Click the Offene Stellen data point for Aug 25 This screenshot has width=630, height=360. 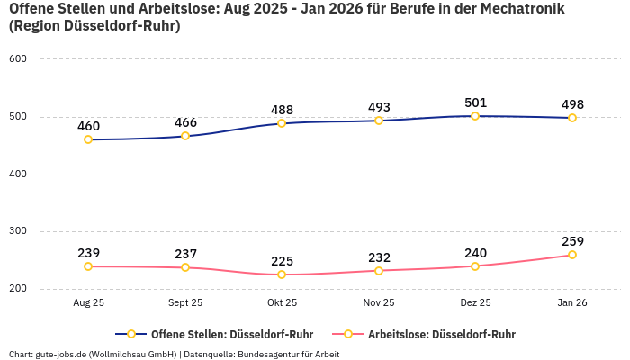88,139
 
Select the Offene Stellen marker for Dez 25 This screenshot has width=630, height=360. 475,116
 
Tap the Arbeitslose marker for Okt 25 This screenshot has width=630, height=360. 282,274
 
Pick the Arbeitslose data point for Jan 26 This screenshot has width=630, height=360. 572,255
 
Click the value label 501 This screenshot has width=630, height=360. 475,103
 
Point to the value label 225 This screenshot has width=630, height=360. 282,261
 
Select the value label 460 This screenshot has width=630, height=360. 88,126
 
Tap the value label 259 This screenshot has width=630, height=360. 572,241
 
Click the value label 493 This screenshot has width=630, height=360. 379,107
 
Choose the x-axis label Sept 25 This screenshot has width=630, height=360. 185,303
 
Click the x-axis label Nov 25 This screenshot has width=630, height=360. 379,303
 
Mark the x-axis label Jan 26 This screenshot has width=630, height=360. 572,303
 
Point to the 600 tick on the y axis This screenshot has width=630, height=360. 18,58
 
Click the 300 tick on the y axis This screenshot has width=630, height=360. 18,231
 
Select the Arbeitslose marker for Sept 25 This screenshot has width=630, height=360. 185,267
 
